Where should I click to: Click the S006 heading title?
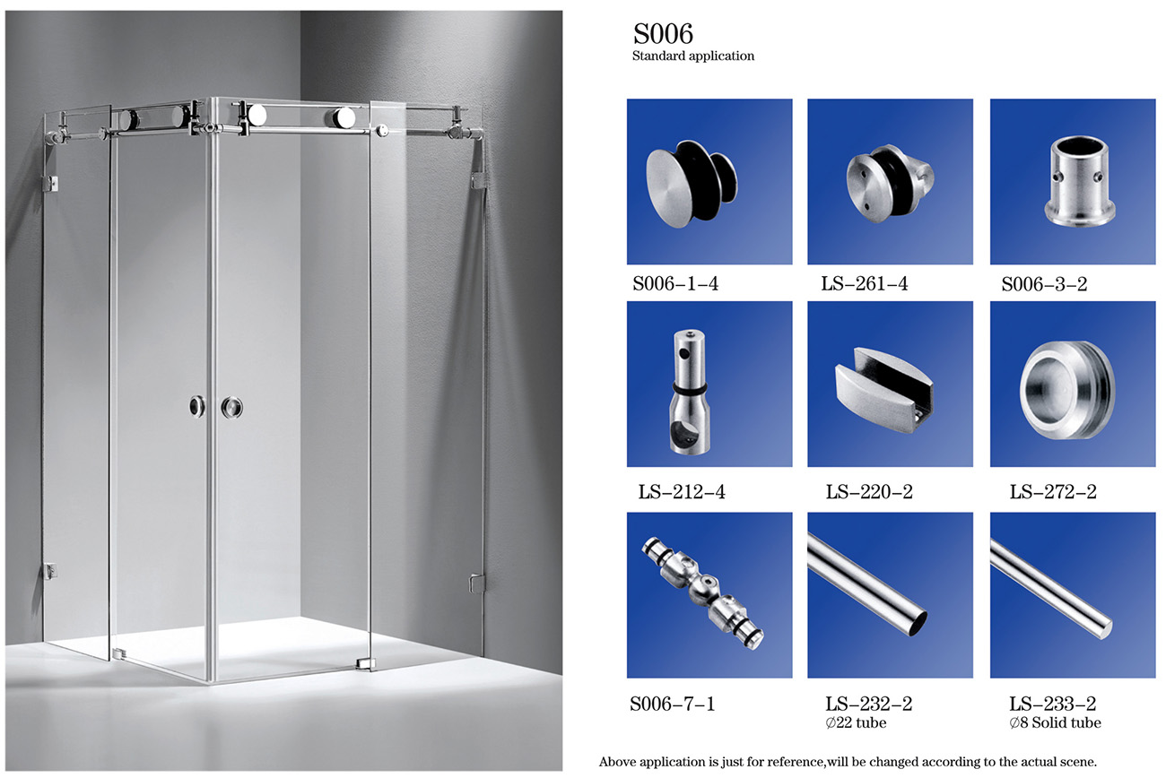click(663, 34)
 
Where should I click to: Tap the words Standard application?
click(692, 56)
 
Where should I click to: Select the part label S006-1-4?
click(675, 283)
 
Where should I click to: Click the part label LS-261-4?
click(864, 283)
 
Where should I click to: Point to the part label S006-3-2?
click(1044, 284)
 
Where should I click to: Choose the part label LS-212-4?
click(682, 491)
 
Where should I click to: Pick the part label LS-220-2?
click(869, 491)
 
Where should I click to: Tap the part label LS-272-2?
click(1053, 491)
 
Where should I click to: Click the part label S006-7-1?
click(672, 704)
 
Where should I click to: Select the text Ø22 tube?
click(856, 722)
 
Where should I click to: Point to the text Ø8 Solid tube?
click(1055, 722)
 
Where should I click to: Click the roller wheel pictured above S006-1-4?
click(692, 183)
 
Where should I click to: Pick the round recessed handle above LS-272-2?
click(1067, 390)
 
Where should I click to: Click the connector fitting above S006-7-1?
click(702, 592)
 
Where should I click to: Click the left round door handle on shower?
click(196, 407)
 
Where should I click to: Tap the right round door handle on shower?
click(231, 408)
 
